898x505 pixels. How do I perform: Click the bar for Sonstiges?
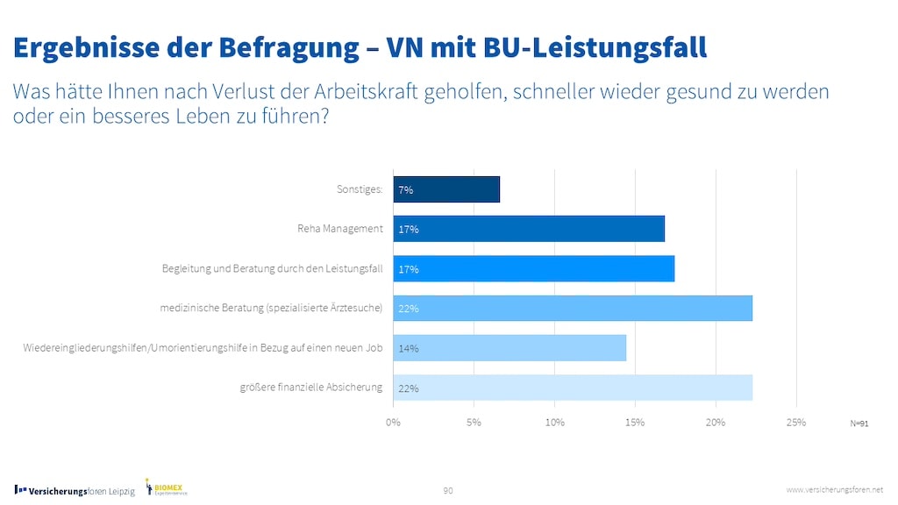(446, 189)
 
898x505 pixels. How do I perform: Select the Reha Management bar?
(529, 229)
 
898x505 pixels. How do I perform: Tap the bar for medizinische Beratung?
(573, 309)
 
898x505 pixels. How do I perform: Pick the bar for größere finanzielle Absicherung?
(573, 388)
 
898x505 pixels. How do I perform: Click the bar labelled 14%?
(510, 348)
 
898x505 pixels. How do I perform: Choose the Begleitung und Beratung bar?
(533, 269)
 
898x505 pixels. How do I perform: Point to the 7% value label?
(406, 190)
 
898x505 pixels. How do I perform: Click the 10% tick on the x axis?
(554, 423)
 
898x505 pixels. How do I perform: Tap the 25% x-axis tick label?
(795, 423)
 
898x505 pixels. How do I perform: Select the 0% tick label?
(393, 423)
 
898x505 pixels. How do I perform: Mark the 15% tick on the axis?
(635, 423)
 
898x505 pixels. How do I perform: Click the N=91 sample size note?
(859, 423)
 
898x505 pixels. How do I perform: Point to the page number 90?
(448, 490)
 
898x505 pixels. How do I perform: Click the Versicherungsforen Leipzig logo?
(75, 491)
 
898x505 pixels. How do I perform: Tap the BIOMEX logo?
(167, 487)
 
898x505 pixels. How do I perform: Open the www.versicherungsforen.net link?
(834, 489)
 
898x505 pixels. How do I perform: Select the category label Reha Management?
(340, 230)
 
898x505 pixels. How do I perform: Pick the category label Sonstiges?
(360, 189)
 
